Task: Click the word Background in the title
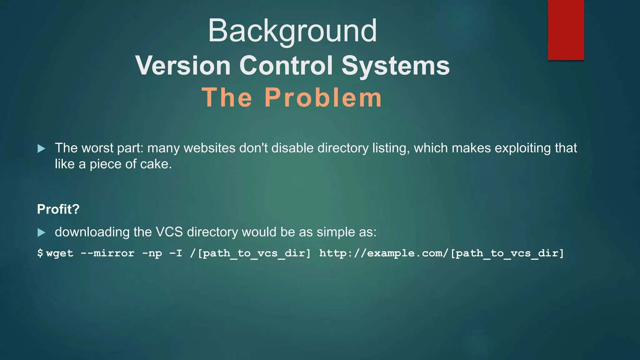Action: [292, 31]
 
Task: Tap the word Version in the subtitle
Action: [183, 66]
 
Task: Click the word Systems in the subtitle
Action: [396, 66]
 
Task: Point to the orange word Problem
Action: [323, 97]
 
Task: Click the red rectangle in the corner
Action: [566, 30]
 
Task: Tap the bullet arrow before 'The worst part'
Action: [41, 148]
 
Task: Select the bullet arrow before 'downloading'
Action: [41, 232]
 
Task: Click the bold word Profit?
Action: [58, 209]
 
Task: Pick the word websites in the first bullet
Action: [209, 148]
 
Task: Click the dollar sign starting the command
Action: [40, 253]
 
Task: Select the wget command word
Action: [60, 253]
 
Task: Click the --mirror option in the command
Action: [107, 253]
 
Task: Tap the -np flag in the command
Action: [152, 253]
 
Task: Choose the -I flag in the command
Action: [176, 253]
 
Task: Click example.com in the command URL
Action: [405, 253]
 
